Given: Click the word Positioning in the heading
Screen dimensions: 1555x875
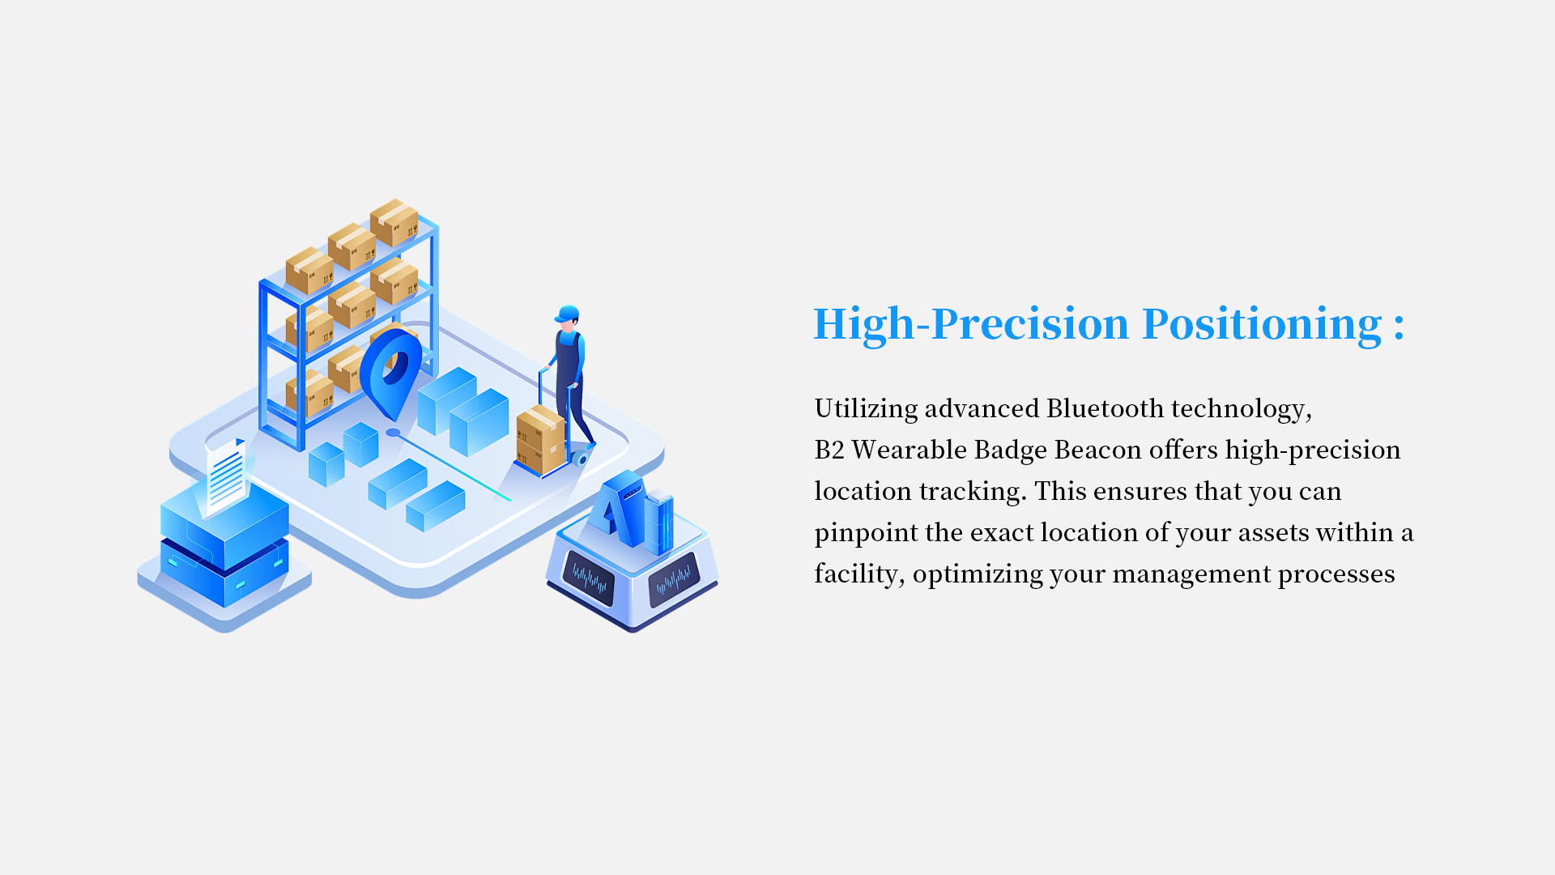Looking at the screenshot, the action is [1262, 326].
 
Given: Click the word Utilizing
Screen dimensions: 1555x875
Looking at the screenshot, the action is [866, 409].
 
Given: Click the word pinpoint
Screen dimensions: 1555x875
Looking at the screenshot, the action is [866, 533].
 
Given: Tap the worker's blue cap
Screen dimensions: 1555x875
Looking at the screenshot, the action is [568, 314].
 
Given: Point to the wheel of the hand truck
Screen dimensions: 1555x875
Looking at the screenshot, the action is [580, 459].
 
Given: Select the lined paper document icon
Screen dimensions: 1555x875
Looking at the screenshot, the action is [226, 476].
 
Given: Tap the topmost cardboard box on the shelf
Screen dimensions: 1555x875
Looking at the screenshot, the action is [394, 222].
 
